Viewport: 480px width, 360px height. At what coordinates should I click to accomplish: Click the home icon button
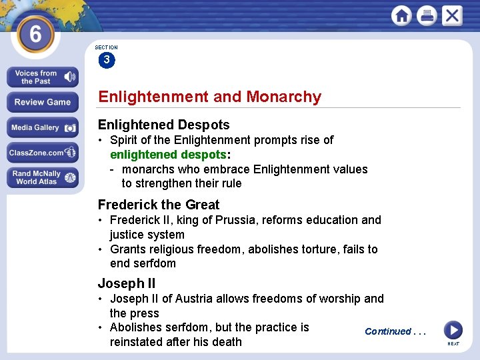pos(402,16)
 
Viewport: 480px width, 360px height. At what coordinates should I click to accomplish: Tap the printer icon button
pos(427,16)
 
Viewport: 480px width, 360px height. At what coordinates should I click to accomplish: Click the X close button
pos(451,15)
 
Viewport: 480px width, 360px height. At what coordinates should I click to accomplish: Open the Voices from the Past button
pos(43,77)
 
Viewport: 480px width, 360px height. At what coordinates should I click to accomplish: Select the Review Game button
pos(43,102)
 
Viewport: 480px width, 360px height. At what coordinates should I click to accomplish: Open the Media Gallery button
pos(43,127)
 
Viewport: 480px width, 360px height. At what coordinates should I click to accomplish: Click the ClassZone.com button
pos(43,153)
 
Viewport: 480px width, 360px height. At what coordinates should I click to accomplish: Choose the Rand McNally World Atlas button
pos(43,177)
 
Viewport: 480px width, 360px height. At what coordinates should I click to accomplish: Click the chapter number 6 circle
pos(35,33)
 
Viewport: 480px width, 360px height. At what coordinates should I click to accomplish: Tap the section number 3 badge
pos(107,61)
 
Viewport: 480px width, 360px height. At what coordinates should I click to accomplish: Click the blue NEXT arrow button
pos(453,330)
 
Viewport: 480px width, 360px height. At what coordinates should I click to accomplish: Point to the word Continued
pos(388,331)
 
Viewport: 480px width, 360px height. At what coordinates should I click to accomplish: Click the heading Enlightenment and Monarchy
pos(209,97)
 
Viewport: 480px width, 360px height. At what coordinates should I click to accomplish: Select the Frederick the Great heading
pos(159,205)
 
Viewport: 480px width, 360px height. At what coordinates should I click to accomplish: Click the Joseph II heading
pos(127,283)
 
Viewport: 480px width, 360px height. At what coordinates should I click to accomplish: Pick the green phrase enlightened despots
pos(168,155)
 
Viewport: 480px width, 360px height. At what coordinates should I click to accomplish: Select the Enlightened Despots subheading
pos(163,125)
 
